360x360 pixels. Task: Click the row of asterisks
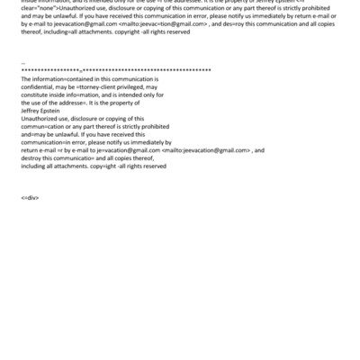[115, 69]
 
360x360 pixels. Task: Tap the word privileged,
[134, 87]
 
